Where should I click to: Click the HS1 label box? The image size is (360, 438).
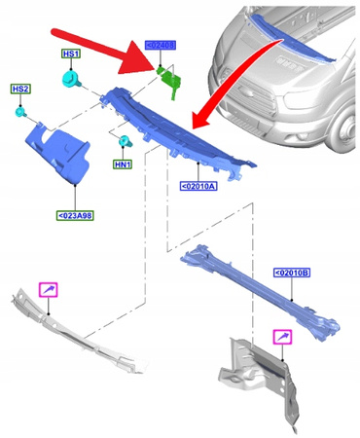72,55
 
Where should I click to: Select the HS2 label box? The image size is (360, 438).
20,90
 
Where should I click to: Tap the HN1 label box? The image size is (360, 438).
124,166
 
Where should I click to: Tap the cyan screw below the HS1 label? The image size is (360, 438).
71,80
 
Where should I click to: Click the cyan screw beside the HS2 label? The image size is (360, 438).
20,114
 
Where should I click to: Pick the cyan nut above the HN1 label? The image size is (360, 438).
124,143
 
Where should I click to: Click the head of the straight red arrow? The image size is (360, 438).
156,69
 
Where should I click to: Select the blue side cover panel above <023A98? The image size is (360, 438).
58,147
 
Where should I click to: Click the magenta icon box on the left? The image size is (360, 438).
48,289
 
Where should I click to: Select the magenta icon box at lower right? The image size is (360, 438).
282,337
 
